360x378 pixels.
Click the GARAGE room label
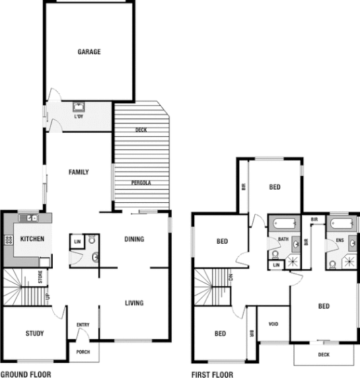(x=89, y=52)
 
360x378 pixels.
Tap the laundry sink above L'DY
(x=79, y=107)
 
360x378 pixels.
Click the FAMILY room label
(x=79, y=172)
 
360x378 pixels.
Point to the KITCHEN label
(x=32, y=239)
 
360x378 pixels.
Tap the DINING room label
(x=134, y=239)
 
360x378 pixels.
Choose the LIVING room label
(x=135, y=303)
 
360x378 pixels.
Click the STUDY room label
(x=34, y=333)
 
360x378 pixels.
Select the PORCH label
(x=83, y=352)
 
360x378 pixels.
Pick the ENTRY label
(x=83, y=324)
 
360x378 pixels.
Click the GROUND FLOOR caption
(x=26, y=373)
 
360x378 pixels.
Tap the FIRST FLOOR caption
(x=212, y=373)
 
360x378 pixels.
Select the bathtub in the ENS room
(x=343, y=223)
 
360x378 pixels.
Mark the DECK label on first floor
(x=323, y=354)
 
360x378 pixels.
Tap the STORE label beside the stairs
(x=40, y=278)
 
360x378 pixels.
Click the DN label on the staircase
(x=230, y=278)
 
